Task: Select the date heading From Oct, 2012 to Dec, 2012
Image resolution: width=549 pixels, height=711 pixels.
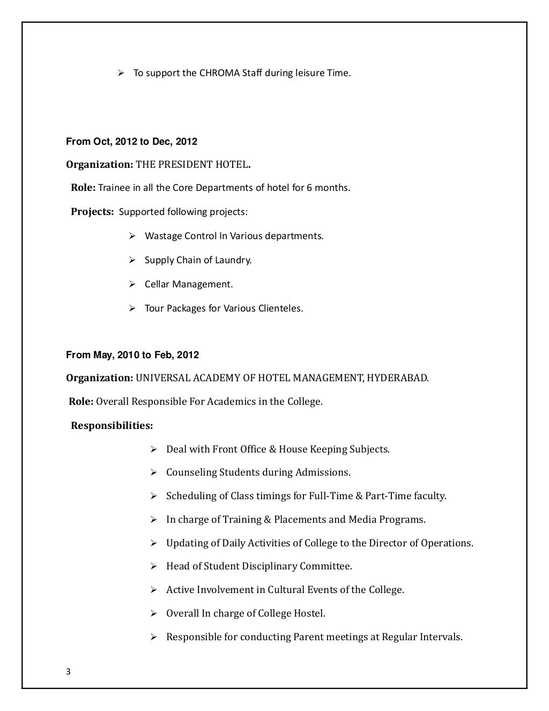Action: coord(131,142)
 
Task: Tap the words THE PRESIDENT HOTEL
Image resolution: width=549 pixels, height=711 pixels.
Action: coord(192,165)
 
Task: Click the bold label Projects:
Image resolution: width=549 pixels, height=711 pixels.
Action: coord(92,212)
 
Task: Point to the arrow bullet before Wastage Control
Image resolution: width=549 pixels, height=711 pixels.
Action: coord(132,236)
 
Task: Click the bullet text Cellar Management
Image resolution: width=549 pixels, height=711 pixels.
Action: coord(189,284)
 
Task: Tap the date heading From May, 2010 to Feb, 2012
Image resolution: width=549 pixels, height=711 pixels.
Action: coord(132,355)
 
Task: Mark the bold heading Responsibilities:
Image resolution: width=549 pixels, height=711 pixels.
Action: coord(112,426)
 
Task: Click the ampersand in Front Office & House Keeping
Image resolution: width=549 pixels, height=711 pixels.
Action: coord(272,449)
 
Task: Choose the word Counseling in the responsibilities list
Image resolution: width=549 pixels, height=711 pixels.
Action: coord(192,472)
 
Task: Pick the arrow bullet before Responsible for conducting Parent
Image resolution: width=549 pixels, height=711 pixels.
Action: coord(153,637)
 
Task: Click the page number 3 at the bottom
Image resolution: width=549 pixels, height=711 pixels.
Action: coord(68,673)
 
